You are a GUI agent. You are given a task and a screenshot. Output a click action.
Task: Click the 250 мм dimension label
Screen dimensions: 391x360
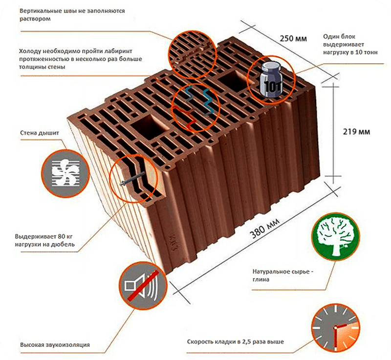[293, 39]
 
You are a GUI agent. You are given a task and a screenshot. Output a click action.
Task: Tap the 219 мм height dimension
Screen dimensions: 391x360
[356, 131]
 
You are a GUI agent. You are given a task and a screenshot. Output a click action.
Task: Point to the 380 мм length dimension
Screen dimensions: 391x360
[264, 229]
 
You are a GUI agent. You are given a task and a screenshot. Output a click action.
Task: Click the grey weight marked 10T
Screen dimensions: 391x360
[271, 80]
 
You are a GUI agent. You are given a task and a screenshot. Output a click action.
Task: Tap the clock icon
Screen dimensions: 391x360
[336, 328]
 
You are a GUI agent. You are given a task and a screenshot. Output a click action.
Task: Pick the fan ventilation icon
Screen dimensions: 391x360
[65, 173]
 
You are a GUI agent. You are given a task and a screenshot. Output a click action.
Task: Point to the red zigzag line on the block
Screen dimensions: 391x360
[185, 117]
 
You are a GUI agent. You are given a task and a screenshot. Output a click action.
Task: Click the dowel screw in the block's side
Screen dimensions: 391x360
[132, 178]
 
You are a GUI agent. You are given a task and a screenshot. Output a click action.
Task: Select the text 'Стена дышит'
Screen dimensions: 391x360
[40, 133]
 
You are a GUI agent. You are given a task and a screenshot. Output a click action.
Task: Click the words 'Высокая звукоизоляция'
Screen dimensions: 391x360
[55, 345]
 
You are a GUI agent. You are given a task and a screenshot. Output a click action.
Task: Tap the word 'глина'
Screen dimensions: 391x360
[261, 279]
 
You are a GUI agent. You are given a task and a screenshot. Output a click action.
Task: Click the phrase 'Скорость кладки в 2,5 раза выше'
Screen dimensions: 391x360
[236, 341]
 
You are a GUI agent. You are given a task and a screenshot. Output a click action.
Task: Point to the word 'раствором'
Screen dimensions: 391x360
[35, 19]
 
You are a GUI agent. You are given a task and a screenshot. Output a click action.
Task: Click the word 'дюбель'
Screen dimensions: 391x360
[63, 244]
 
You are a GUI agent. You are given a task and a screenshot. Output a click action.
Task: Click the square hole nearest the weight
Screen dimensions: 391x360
[232, 80]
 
